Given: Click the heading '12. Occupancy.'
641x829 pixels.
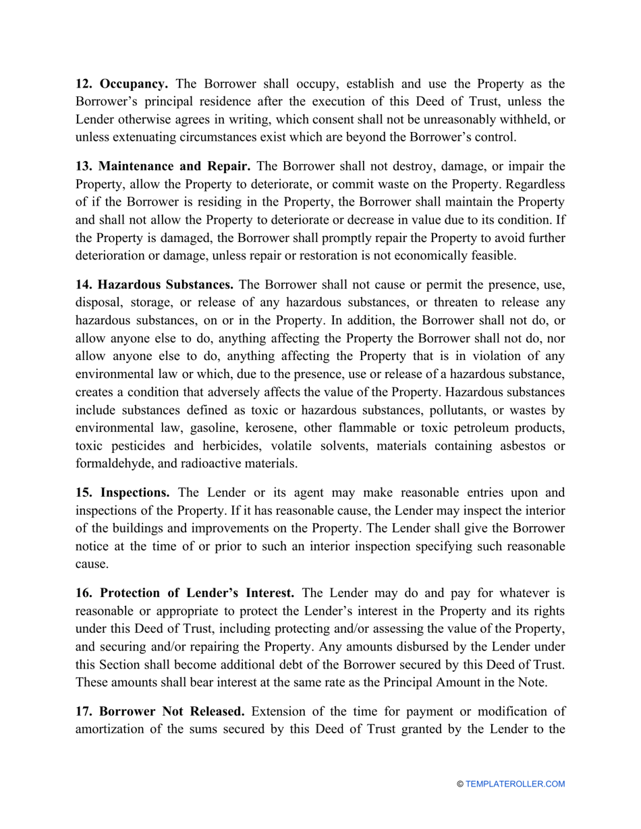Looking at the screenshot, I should [121, 84].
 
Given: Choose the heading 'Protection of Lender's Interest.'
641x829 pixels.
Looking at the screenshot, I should [197, 593].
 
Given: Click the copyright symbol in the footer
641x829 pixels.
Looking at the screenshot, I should [460, 784].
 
